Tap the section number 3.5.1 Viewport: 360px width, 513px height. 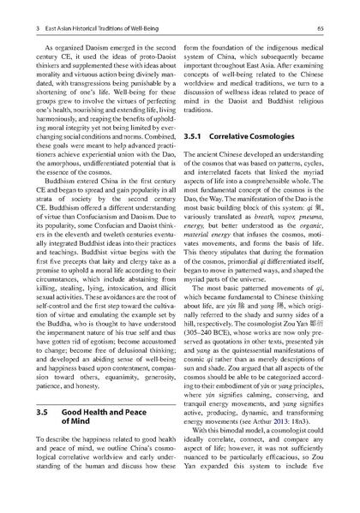click(195, 137)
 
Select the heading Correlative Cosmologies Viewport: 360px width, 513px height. click(252, 137)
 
